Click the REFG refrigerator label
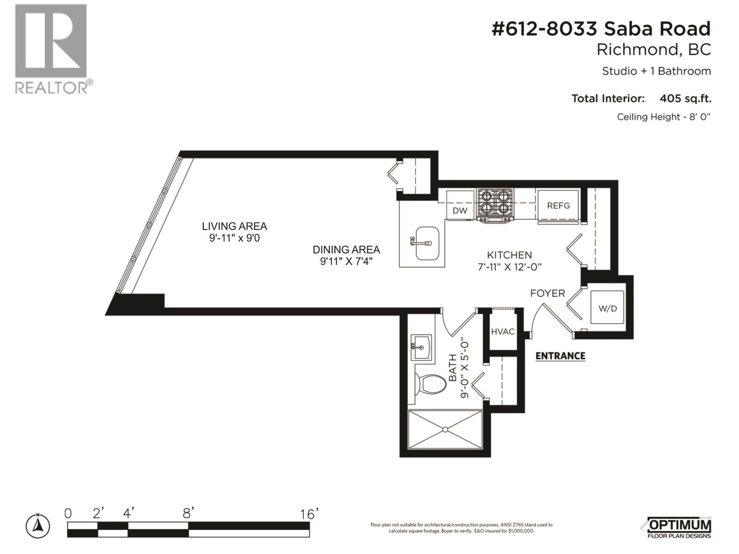coord(558,205)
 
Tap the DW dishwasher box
coord(460,211)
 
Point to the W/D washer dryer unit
coord(607,307)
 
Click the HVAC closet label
coord(503,331)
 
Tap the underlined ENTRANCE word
coord(560,355)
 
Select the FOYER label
coord(547,293)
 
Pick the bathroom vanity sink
coord(421,348)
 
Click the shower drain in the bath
coord(445,429)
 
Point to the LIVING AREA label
coord(234,226)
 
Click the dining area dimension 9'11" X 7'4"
coord(346,261)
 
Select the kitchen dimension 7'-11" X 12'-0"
coord(509,267)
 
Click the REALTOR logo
coord(52,48)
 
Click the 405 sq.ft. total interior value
coord(685,98)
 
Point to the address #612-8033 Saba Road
coord(601,29)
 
